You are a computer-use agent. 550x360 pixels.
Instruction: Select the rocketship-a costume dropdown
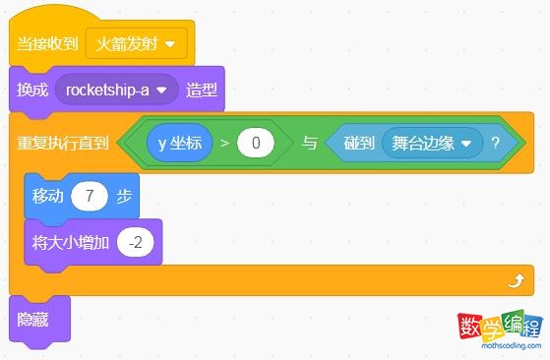117,90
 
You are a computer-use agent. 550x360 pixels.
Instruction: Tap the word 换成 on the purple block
32,90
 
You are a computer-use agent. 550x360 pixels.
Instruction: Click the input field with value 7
90,196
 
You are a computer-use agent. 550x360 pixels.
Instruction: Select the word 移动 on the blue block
47,196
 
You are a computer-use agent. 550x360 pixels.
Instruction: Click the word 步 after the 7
124,196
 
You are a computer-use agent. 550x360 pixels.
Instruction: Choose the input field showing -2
135,240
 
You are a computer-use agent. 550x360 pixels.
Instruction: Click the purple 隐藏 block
32,319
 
